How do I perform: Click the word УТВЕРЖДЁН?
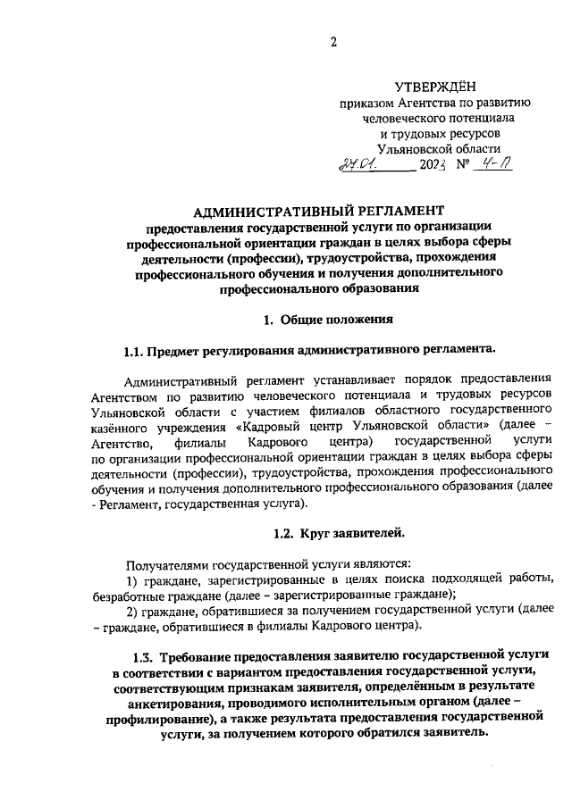[433, 86]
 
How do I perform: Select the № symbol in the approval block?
[462, 165]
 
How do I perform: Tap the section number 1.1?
[134, 349]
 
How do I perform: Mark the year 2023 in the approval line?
[438, 165]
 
